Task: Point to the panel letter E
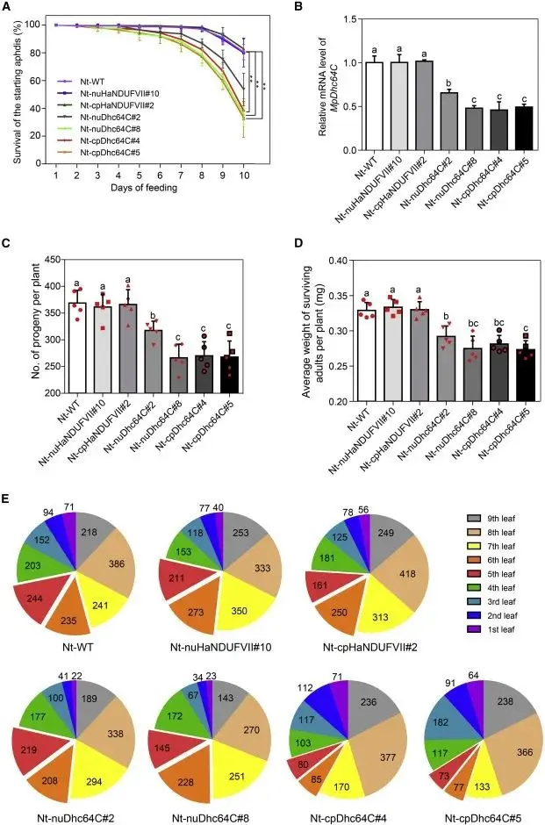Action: click(x=7, y=498)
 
